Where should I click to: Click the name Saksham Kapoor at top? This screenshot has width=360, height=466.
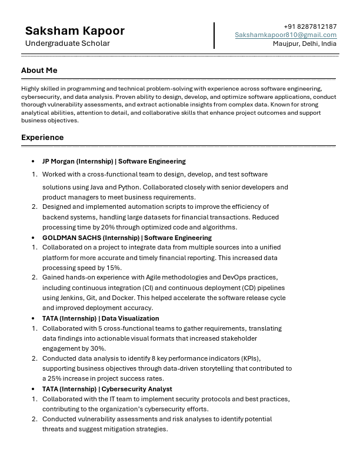[75, 31]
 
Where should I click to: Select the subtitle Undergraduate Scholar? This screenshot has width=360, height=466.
[67, 44]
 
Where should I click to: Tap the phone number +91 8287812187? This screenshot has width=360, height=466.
[310, 26]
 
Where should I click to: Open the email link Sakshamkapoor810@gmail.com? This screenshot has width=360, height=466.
[286, 35]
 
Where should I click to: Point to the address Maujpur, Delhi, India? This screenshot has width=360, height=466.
[305, 44]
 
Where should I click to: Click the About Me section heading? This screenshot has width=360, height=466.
[39, 71]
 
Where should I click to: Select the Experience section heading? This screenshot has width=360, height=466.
[42, 138]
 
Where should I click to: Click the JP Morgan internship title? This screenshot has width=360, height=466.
[114, 161]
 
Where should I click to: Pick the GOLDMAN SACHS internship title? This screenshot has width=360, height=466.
[126, 238]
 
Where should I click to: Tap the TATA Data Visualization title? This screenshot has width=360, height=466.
[101, 318]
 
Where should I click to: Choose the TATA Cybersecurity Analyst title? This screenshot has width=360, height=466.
[107, 389]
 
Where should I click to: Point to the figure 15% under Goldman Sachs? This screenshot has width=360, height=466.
[114, 268]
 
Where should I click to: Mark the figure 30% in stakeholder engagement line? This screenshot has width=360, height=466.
[98, 348]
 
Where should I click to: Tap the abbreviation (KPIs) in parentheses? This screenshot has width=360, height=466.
[250, 358]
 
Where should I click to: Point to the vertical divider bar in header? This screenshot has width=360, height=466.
[214, 35]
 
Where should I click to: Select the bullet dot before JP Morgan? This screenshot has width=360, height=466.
[33, 161]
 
